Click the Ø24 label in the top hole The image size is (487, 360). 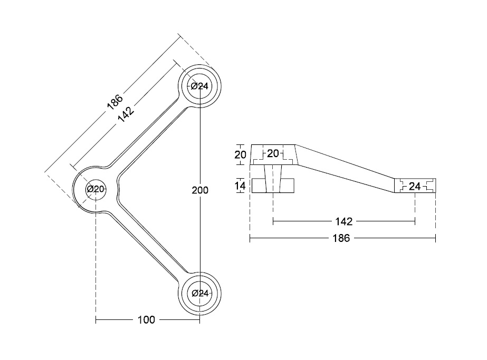[200, 86]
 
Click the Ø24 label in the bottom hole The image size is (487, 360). [200, 294]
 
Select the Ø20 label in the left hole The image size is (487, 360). [95, 189]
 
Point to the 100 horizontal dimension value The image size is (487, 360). [146, 320]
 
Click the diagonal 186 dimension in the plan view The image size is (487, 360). [114, 101]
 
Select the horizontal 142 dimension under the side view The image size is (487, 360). [343, 221]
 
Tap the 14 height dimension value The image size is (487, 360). [240, 186]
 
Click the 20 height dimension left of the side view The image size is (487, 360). [240, 154]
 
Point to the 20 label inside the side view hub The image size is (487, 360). [273, 153]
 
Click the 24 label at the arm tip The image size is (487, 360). [415, 186]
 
